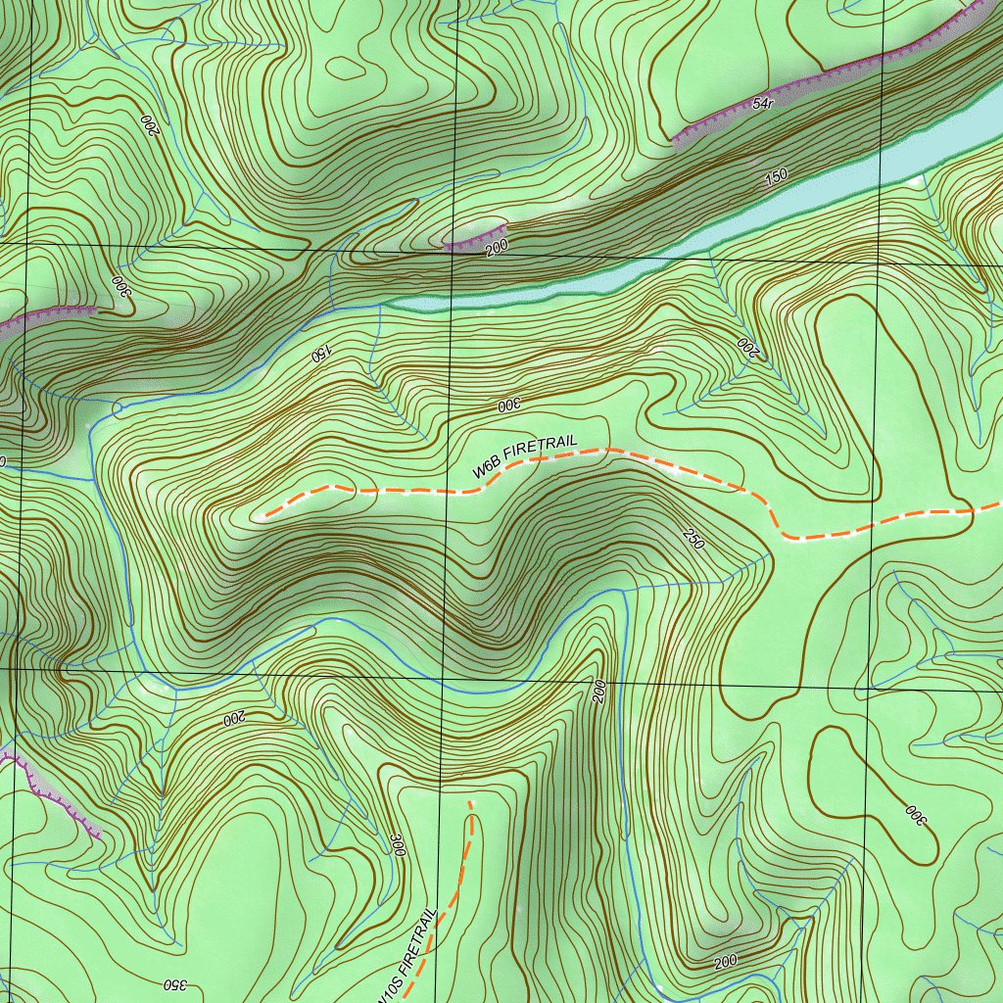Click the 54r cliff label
point(764,103)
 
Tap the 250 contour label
point(693,538)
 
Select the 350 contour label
point(171,983)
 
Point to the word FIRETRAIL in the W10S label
point(417,941)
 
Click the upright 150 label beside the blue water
point(776,177)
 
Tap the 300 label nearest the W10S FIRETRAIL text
point(398,844)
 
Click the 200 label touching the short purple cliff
point(497,249)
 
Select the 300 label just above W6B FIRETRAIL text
point(506,405)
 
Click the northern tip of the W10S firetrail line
point(470,802)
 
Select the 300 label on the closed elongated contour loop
point(914,815)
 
